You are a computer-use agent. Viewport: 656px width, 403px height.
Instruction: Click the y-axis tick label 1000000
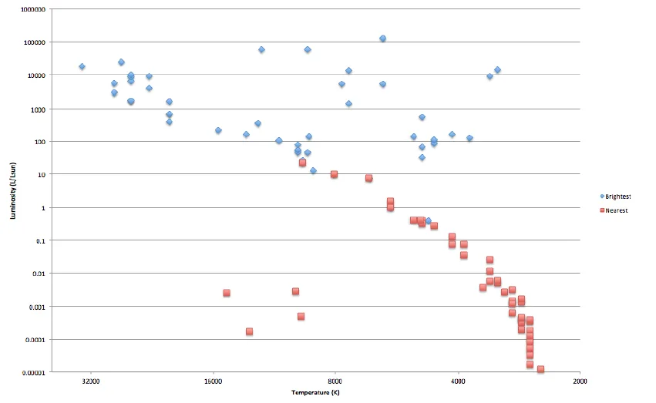pyautogui.click(x=31, y=9)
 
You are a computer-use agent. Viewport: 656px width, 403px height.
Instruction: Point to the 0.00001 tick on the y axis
pyautogui.click(x=33, y=372)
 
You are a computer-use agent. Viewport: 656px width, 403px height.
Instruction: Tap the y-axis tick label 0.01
pyautogui.click(x=39, y=274)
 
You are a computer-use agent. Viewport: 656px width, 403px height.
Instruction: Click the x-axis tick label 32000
pyautogui.click(x=90, y=380)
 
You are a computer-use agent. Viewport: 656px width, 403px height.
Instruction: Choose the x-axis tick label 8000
pyautogui.click(x=335, y=380)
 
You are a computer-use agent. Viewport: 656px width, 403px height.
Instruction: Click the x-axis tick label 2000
pyautogui.click(x=580, y=380)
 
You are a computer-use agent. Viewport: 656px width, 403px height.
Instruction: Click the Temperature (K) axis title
pyautogui.click(x=315, y=393)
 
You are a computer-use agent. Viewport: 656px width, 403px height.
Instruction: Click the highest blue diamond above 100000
pyautogui.click(x=382, y=39)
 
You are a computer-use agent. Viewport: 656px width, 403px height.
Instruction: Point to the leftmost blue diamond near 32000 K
pyautogui.click(x=82, y=67)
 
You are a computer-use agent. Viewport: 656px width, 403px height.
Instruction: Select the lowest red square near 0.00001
pyautogui.click(x=540, y=369)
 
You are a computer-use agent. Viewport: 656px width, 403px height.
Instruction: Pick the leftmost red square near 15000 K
pyautogui.click(x=227, y=293)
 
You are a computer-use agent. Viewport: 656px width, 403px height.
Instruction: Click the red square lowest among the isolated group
pyautogui.click(x=249, y=331)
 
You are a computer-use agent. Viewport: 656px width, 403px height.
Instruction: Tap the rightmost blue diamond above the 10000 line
pyautogui.click(x=497, y=70)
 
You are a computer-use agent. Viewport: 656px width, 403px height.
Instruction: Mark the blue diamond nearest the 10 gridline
pyautogui.click(x=313, y=170)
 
